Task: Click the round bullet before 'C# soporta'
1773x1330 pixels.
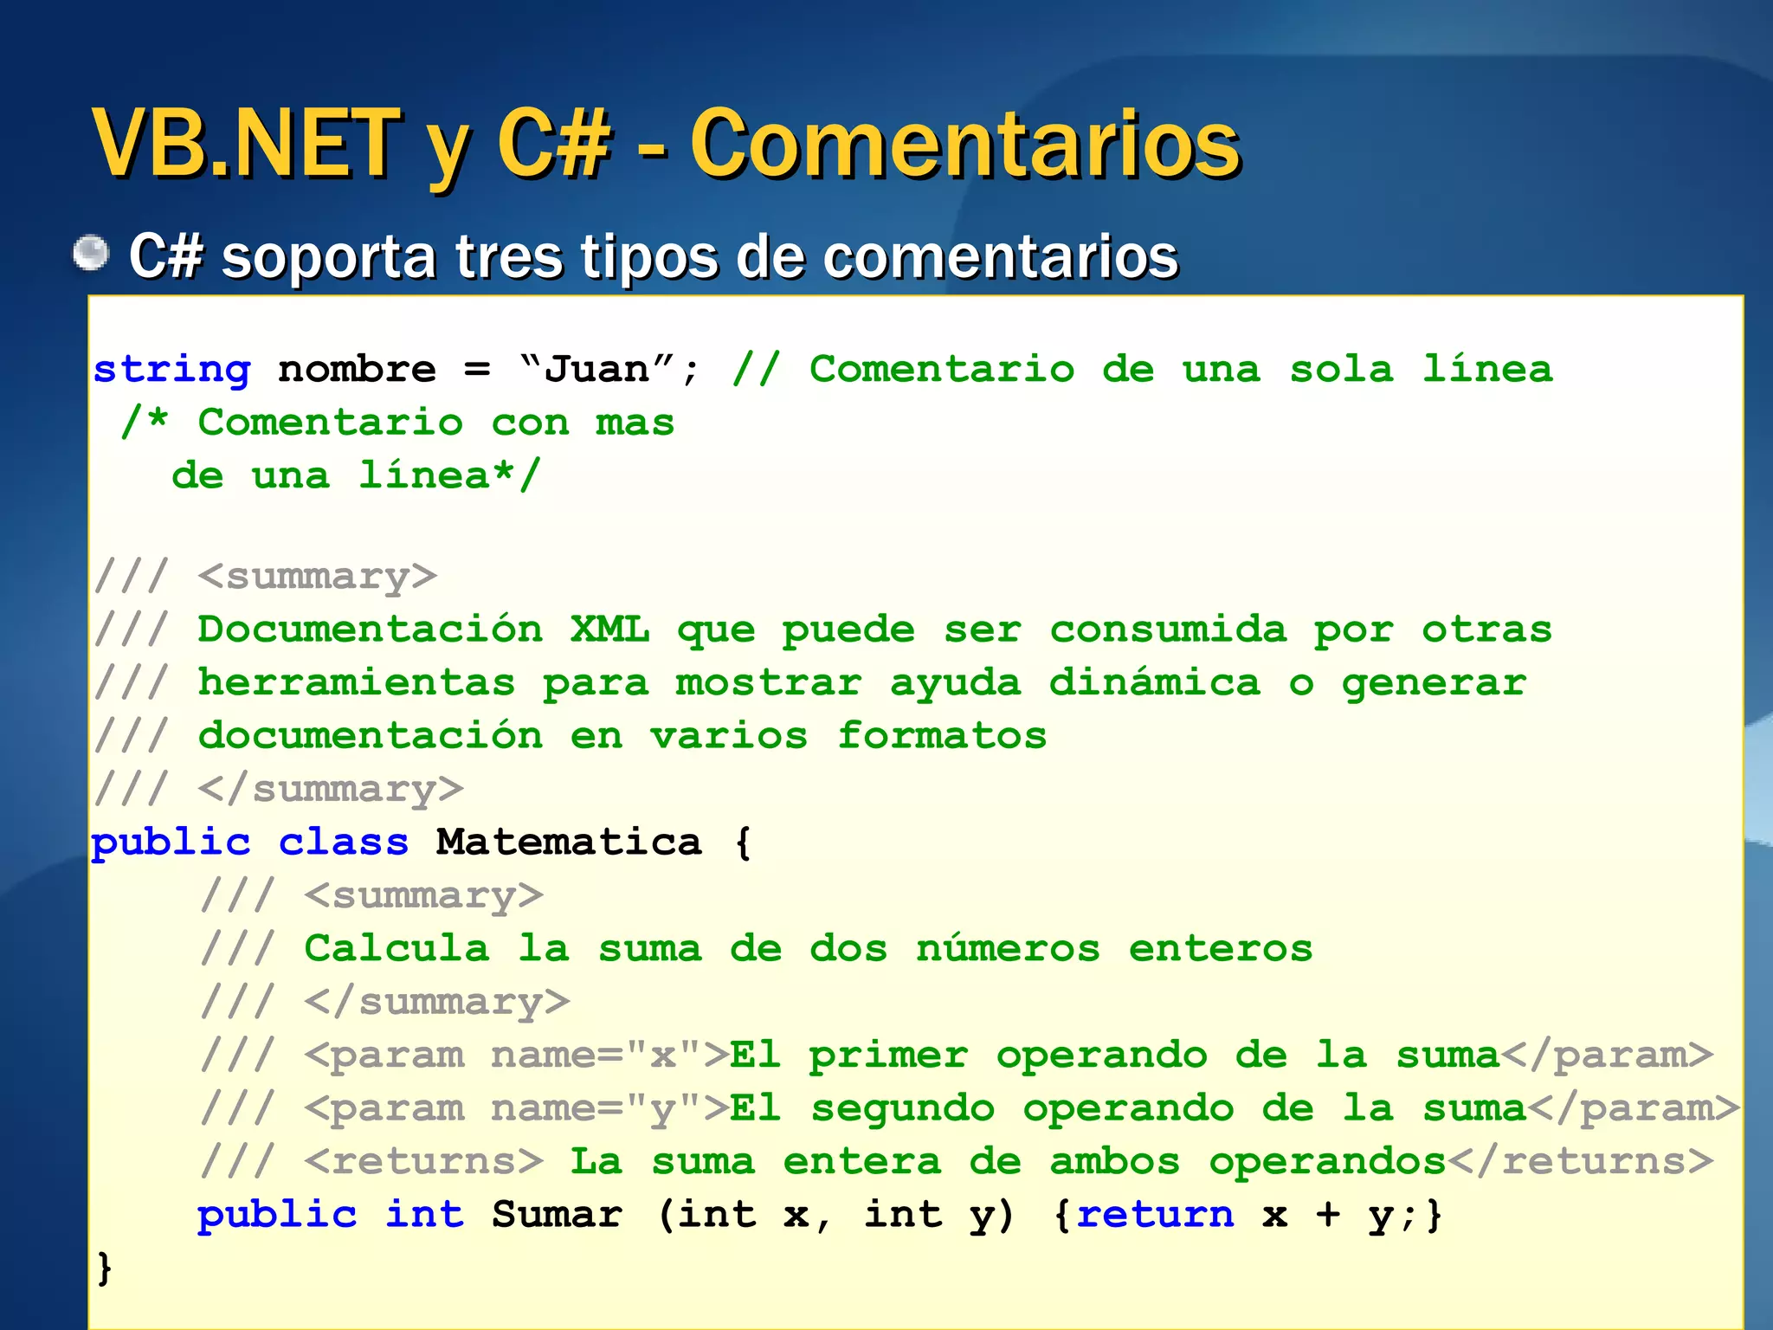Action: point(91,254)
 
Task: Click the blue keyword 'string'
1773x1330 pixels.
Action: point(171,371)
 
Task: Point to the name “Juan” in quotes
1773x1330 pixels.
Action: point(596,369)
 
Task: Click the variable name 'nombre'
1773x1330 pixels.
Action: point(357,371)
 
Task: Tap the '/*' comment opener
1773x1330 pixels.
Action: point(145,423)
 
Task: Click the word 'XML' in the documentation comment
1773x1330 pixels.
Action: point(609,629)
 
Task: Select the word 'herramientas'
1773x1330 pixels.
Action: point(357,683)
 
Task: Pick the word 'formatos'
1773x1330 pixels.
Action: point(942,737)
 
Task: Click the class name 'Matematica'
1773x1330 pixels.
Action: point(568,843)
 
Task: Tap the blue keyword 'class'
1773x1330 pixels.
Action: point(343,843)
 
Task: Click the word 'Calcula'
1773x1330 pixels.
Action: point(397,949)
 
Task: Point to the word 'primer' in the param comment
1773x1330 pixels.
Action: point(888,1056)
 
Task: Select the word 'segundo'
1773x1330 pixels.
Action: point(902,1109)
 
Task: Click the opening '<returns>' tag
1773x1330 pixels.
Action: point(423,1162)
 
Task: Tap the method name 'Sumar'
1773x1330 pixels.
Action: point(557,1215)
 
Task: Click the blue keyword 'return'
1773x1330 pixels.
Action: point(1155,1215)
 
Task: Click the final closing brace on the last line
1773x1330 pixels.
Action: point(104,1269)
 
